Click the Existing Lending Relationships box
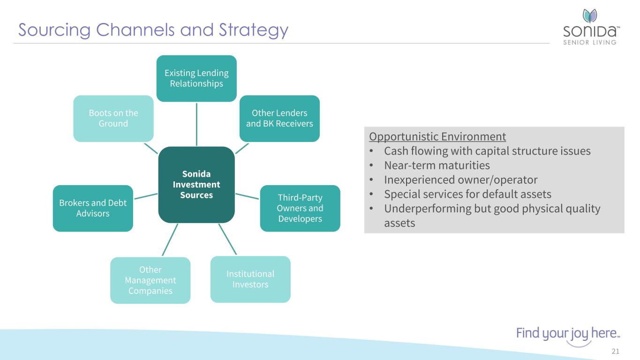coord(196,78)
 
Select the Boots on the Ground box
coord(113,119)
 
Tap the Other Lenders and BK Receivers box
coord(279,119)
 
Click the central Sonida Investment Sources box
coord(196,184)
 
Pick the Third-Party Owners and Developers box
coord(300,208)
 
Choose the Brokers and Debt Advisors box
coord(93,208)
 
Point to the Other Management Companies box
coord(150,280)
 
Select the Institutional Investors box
coord(250,279)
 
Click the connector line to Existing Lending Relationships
coord(196,124)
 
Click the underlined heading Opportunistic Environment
coord(437,137)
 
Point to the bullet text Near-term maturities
coord(437,165)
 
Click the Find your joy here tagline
coord(568,334)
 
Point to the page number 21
coord(616,352)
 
